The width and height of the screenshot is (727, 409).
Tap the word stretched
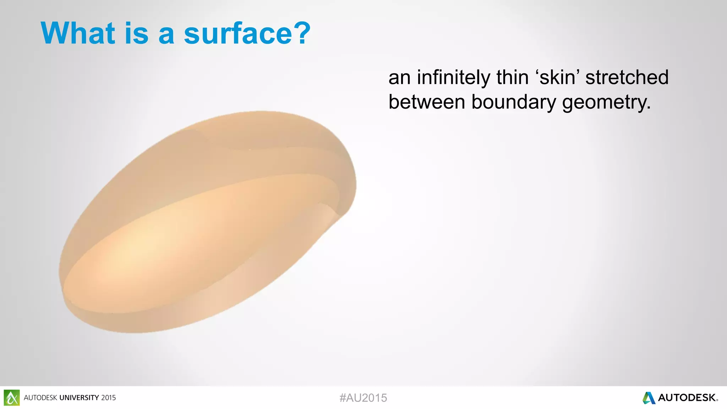tap(627, 77)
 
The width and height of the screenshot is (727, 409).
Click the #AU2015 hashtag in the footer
tap(363, 398)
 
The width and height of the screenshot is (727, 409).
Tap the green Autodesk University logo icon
tap(12, 398)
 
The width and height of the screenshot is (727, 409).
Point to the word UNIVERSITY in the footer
tap(79, 398)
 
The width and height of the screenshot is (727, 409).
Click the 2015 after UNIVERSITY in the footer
tap(108, 398)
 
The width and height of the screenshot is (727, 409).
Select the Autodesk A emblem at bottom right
tap(649, 398)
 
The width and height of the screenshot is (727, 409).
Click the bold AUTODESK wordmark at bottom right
tap(687, 398)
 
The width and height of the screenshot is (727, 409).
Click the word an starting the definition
tap(399, 77)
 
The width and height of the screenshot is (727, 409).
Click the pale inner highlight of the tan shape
tap(142, 249)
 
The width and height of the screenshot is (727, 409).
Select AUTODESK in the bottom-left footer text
tap(40, 398)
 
